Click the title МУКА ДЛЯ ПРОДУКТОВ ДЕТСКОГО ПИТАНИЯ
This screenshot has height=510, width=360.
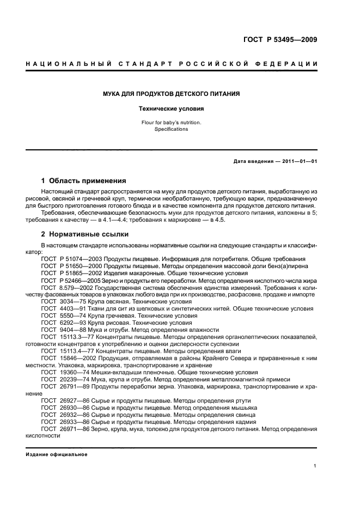tap(172, 94)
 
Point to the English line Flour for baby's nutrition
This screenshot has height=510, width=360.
tap(172, 123)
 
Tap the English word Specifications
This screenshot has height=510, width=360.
tap(172, 129)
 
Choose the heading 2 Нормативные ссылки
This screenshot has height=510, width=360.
tap(85, 234)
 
